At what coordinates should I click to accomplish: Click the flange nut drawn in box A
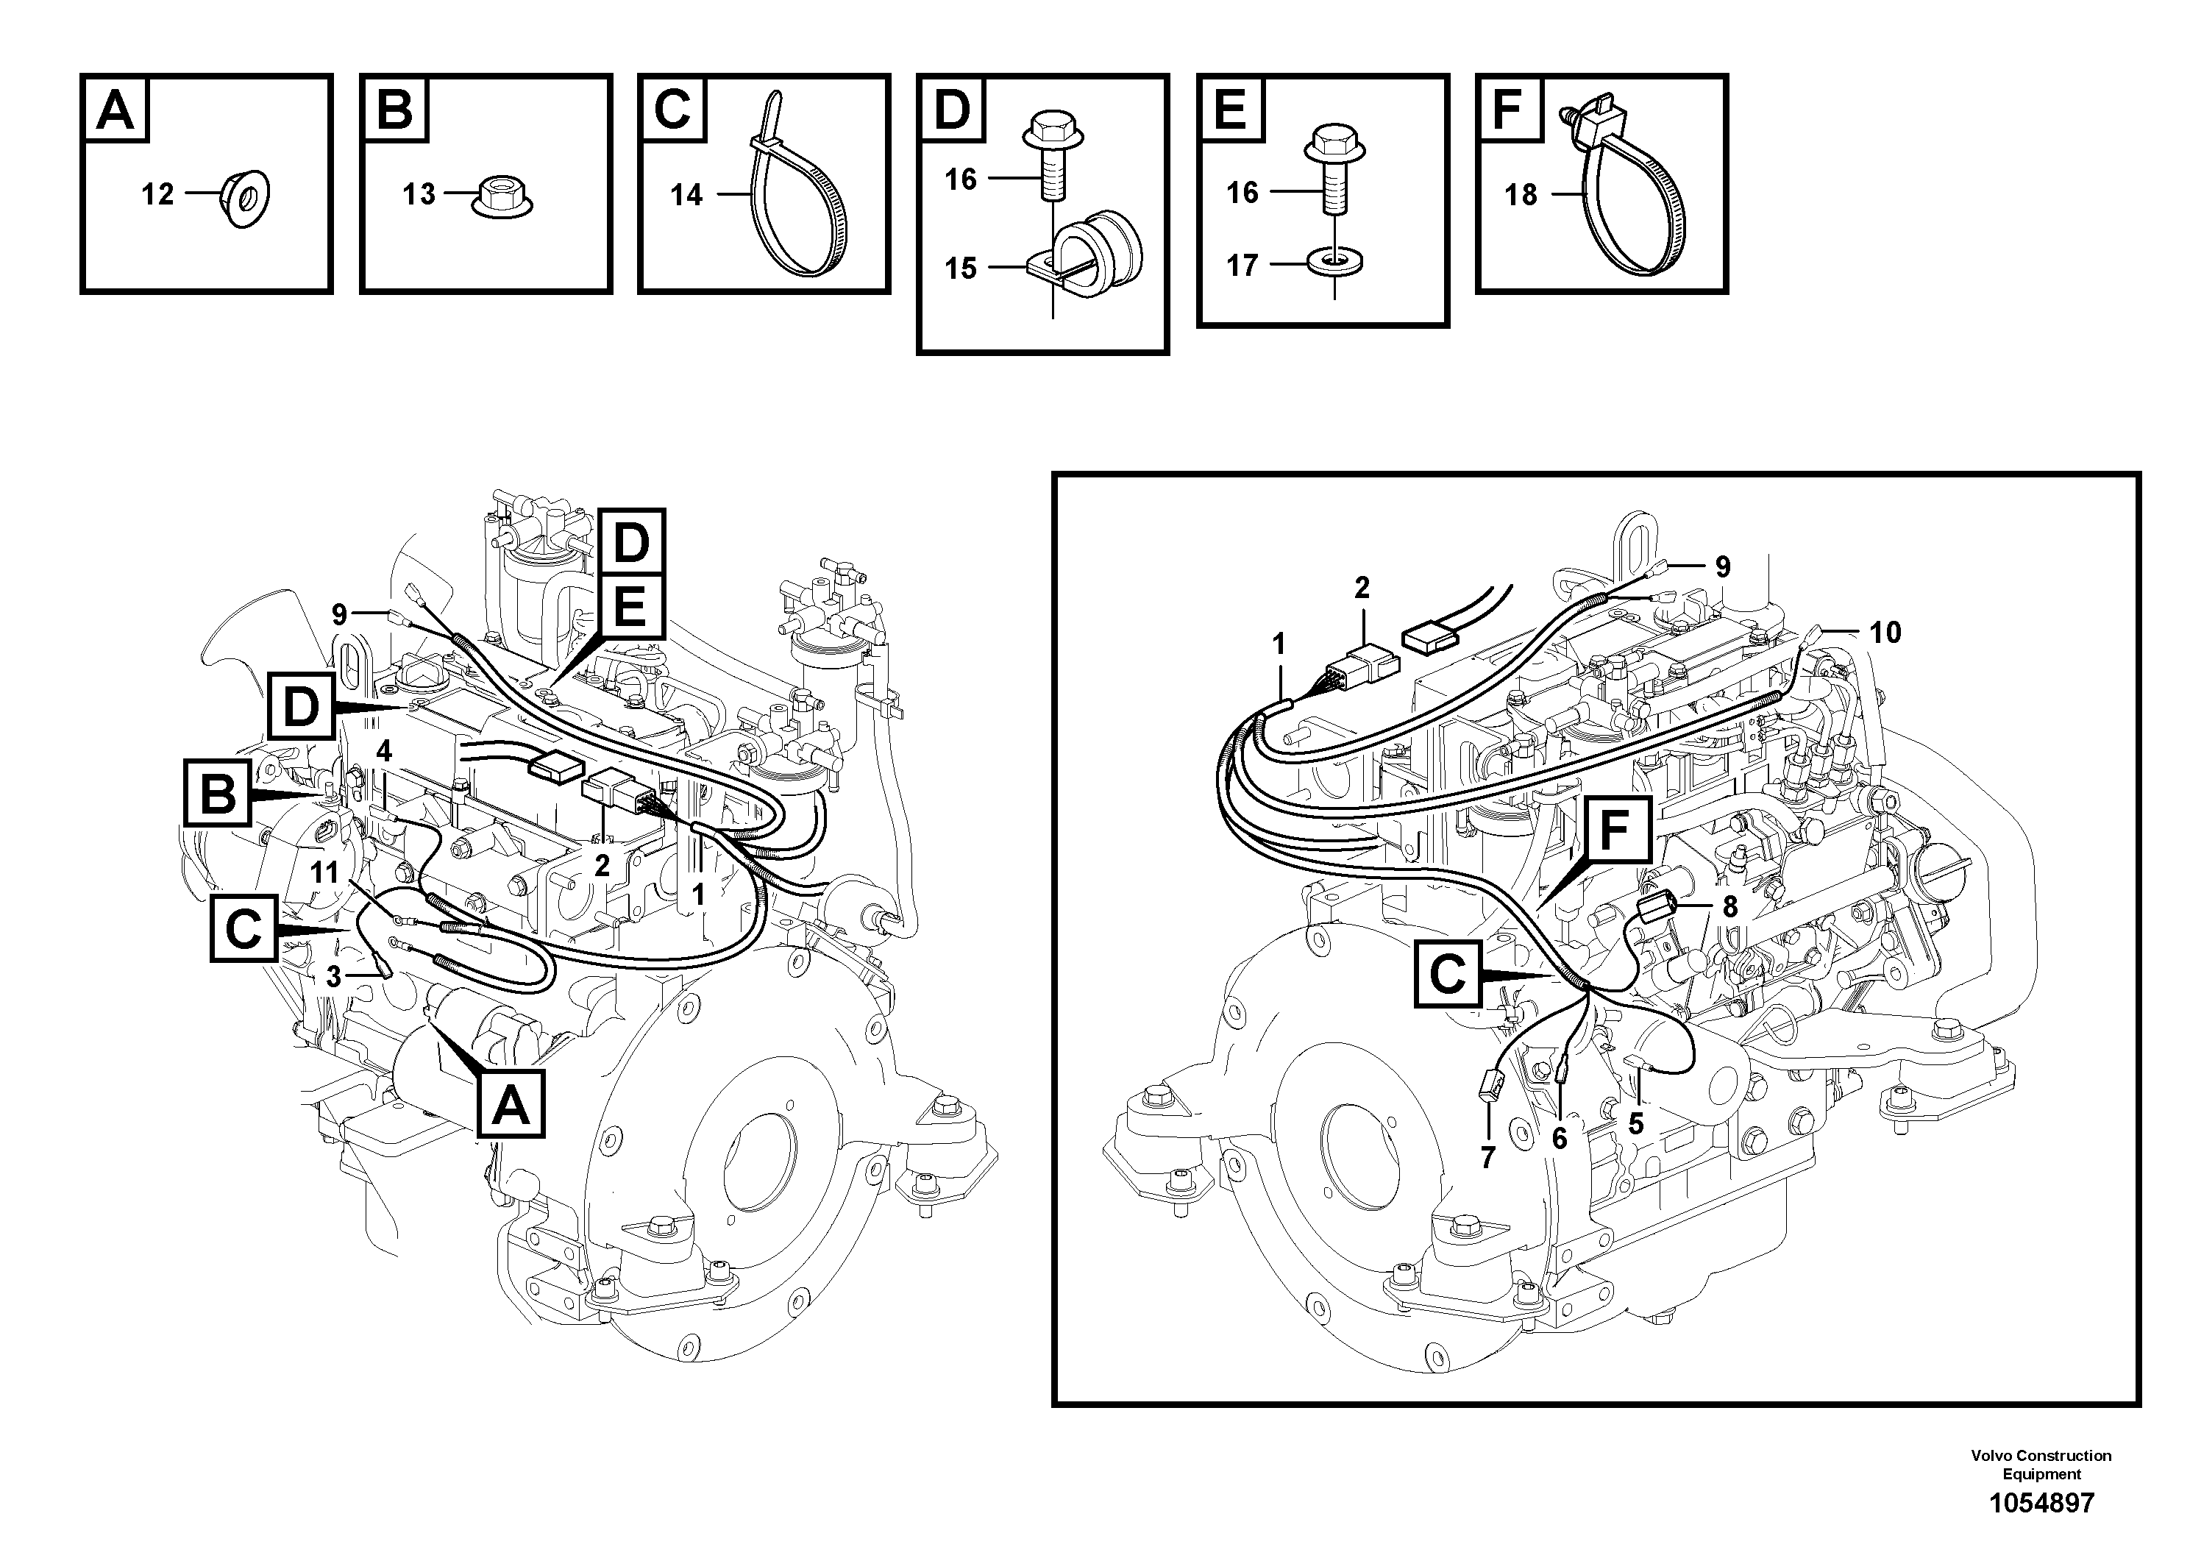(x=245, y=196)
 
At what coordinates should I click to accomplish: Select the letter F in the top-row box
(x=1508, y=110)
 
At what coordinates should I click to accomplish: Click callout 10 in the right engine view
(x=1885, y=633)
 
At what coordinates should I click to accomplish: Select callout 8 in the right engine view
(x=1729, y=907)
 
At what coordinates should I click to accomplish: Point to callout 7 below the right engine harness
(x=1487, y=1159)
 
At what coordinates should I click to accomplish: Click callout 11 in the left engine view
(x=324, y=872)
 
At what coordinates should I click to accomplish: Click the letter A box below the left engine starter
(x=511, y=1104)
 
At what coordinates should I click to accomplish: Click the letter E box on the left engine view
(x=628, y=608)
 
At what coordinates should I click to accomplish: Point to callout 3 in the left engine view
(x=333, y=977)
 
